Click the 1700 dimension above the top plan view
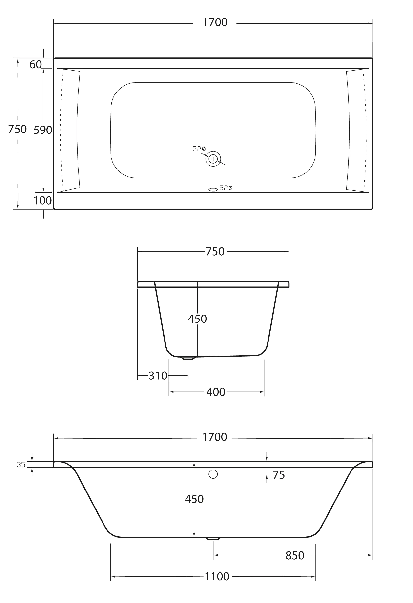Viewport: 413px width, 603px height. pyautogui.click(x=215, y=22)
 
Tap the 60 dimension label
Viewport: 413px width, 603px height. pyautogui.click(x=35, y=65)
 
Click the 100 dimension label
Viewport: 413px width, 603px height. pyautogui.click(x=42, y=201)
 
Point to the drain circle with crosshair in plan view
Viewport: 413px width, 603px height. pyautogui.click(x=213, y=159)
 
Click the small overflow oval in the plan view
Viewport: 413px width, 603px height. pyautogui.click(x=213, y=190)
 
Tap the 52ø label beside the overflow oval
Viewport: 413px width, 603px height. pyautogui.click(x=226, y=188)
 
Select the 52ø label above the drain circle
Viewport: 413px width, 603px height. pyautogui.click(x=199, y=149)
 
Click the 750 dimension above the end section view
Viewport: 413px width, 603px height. pyautogui.click(x=215, y=252)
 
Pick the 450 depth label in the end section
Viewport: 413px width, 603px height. pyautogui.click(x=197, y=319)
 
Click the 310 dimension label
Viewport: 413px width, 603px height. pyautogui.click(x=158, y=376)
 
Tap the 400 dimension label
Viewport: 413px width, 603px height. pyautogui.click(x=216, y=392)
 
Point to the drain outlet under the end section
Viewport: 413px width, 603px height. pyautogui.click(x=188, y=358)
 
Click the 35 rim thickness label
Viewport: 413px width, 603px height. pyautogui.click(x=21, y=464)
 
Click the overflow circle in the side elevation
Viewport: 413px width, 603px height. pyautogui.click(x=213, y=474)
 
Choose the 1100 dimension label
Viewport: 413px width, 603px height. pyautogui.click(x=217, y=577)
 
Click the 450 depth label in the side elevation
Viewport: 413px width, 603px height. pyautogui.click(x=194, y=499)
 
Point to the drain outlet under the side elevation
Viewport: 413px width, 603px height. pyautogui.click(x=213, y=539)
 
